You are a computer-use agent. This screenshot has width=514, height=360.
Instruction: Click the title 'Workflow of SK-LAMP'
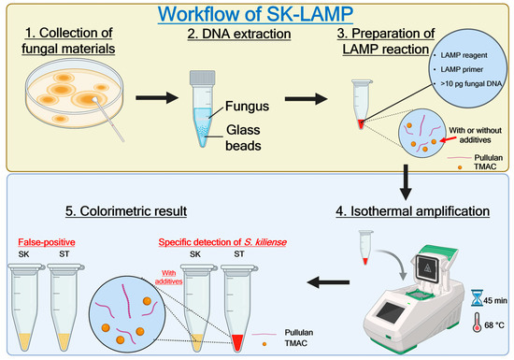click(x=256, y=15)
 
